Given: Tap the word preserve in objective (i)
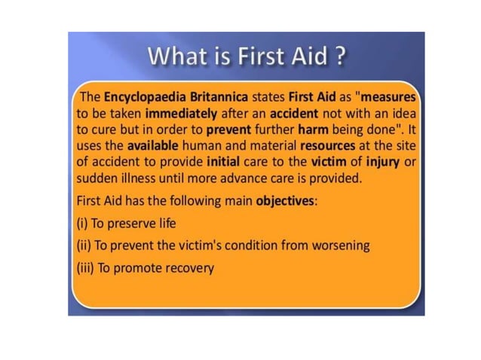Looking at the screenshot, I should [x=134, y=224].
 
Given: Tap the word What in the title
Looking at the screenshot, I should [x=172, y=57].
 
